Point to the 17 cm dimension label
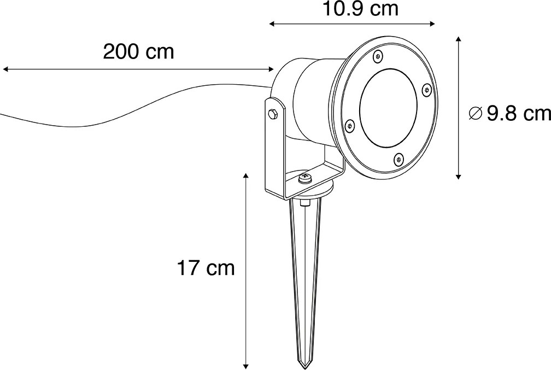[206, 268]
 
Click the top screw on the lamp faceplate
[377, 55]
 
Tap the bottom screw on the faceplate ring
[398, 159]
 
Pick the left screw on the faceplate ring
[348, 125]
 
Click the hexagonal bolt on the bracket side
[273, 114]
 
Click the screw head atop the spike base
[305, 178]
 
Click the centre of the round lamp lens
[388, 107]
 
